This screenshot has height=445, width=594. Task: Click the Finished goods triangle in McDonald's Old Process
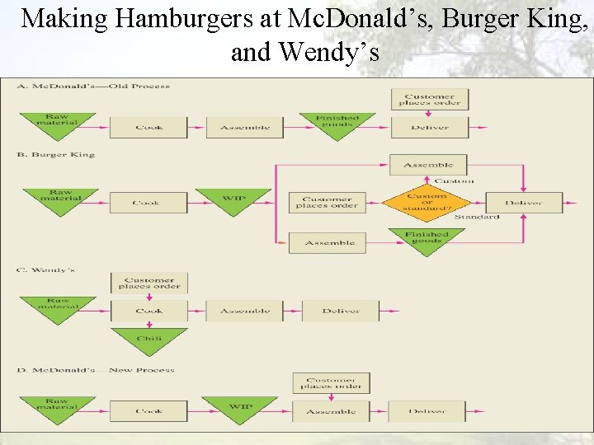(337, 124)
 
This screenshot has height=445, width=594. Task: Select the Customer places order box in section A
(429, 99)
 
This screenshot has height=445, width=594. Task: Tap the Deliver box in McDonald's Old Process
(429, 127)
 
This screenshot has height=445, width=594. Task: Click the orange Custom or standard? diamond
(427, 202)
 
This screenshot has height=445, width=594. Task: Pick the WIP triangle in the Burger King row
(233, 200)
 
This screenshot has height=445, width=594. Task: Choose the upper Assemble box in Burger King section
(428, 165)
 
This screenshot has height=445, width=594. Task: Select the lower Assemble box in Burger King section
(329, 242)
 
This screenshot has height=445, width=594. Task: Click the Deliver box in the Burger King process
(523, 202)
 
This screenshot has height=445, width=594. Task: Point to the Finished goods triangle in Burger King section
(427, 239)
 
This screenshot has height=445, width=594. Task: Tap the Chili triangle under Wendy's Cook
(149, 338)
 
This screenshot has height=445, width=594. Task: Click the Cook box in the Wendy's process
(149, 311)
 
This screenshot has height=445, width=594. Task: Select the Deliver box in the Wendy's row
(341, 311)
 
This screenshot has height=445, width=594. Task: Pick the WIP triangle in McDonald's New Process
(240, 408)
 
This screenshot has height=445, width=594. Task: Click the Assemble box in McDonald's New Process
(331, 410)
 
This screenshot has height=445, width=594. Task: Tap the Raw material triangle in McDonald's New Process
(57, 407)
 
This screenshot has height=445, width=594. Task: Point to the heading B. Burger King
(55, 154)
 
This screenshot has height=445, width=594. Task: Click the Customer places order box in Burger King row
(327, 202)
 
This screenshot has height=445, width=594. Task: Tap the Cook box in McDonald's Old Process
(148, 127)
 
